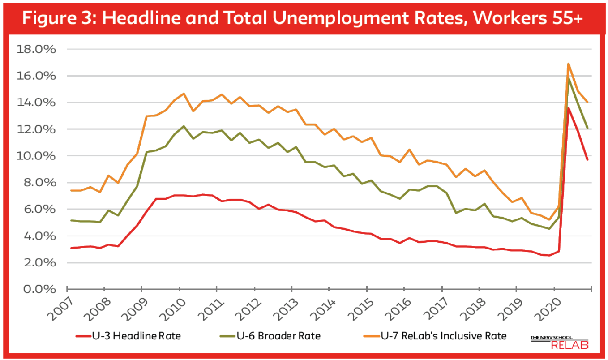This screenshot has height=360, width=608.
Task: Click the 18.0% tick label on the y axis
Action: (x=36, y=49)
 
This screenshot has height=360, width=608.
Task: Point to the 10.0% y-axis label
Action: (x=36, y=156)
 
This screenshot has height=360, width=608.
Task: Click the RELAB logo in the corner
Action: (x=559, y=342)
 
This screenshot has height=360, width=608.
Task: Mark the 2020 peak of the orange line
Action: (x=568, y=64)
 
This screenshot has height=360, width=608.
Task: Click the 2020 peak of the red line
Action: (x=568, y=108)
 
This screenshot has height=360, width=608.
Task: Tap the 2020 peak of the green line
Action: (x=568, y=79)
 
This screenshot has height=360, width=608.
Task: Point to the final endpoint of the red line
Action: (x=587, y=160)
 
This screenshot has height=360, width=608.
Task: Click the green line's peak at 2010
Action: (x=184, y=126)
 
